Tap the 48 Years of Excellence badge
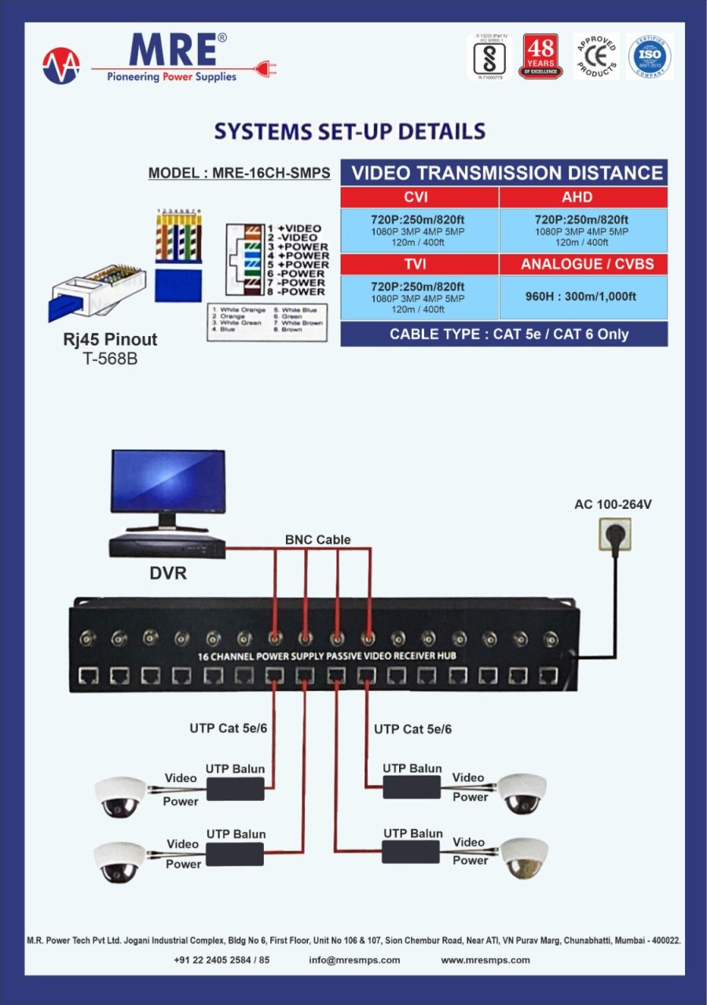(x=540, y=57)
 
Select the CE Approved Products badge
(x=596, y=57)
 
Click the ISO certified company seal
(x=650, y=57)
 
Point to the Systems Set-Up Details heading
(x=350, y=131)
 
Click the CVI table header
(x=419, y=197)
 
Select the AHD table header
(x=583, y=197)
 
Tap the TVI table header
(x=419, y=265)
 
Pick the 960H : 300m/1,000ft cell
(x=583, y=297)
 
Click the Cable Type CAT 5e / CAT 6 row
(x=504, y=334)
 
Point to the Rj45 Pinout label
(x=110, y=340)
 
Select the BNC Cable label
(x=317, y=539)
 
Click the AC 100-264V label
(x=613, y=504)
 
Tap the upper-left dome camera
(x=120, y=796)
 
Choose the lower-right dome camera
(x=524, y=857)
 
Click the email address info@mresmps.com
(x=354, y=959)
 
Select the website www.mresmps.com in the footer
(x=485, y=959)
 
